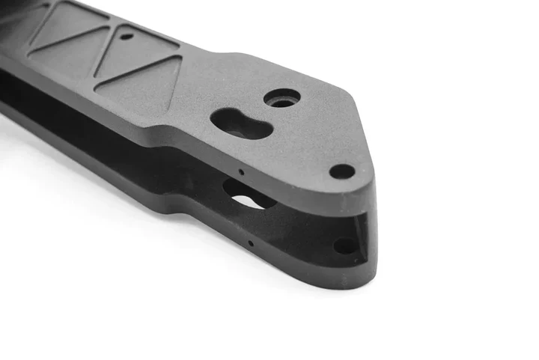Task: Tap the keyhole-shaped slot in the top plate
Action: pos(240,123)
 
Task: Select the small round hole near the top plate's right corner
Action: pos(342,171)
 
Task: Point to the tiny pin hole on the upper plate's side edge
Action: pos(241,171)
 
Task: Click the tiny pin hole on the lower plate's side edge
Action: pos(250,242)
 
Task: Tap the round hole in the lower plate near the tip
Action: pos(344,245)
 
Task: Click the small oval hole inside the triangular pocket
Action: pos(127,35)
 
